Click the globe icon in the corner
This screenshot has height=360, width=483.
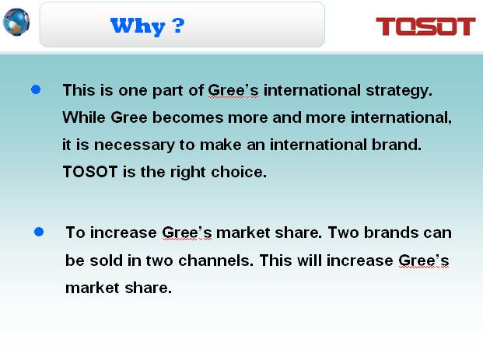(16, 23)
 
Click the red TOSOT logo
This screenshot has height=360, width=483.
(425, 26)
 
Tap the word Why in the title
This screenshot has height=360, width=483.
(138, 26)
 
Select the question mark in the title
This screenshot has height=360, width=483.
(179, 26)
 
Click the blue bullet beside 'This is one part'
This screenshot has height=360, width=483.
(36, 89)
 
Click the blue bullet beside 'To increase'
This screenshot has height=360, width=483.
(39, 232)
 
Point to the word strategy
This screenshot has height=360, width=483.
(399, 91)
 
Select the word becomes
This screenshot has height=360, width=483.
(188, 117)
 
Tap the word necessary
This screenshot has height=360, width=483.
(134, 145)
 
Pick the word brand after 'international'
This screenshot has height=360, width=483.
(397, 145)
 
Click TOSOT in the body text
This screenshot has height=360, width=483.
(90, 172)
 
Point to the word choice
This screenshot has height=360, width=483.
(239, 172)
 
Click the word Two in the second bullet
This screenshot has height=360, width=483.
(343, 232)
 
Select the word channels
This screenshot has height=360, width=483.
(216, 260)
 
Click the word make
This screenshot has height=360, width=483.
(221, 145)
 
